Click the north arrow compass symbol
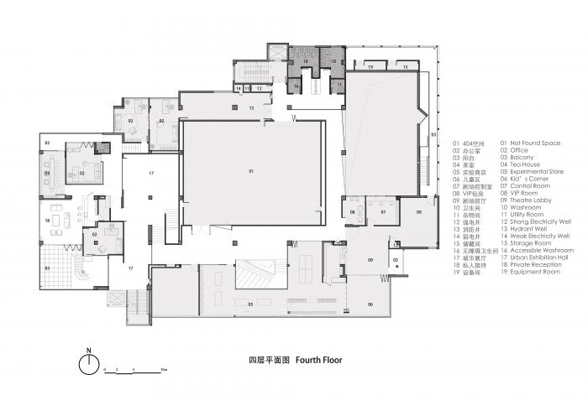[87, 363]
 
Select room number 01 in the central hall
[251, 170]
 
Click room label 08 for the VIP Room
[354, 213]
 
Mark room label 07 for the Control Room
[383, 213]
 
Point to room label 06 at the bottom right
[370, 304]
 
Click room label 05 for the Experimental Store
[251, 303]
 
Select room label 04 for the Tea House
[48, 174]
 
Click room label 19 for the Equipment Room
[370, 65]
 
